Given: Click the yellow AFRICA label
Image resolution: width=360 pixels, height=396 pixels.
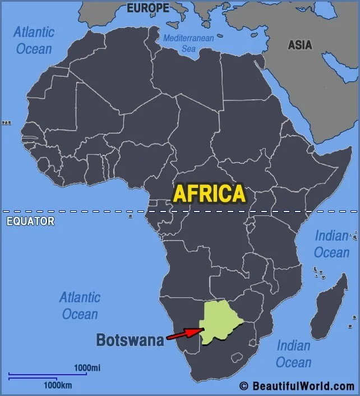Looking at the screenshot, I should pos(209,193).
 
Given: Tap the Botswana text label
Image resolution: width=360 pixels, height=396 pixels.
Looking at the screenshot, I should pos(130,339).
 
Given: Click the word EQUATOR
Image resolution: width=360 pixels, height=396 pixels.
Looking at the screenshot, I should pos(30,221).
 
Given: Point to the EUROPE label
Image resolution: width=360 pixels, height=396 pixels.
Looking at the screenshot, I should pos(147,8).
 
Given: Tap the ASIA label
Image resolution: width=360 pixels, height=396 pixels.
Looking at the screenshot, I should pos(300,45).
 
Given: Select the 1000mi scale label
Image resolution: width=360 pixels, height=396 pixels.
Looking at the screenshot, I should pos(87,367).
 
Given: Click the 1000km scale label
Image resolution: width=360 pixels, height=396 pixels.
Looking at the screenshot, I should pos(58,385).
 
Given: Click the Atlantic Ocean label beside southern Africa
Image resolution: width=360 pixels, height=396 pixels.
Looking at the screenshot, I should pos(80,305).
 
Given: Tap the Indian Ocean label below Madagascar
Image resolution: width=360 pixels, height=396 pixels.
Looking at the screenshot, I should pos(293,353).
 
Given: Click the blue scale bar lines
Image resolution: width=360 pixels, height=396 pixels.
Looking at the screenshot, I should pos(47,376).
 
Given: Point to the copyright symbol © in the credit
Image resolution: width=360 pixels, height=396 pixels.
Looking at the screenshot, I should pos(243,386).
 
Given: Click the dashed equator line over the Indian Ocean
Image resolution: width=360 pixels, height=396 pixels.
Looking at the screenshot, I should pos(331,211).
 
